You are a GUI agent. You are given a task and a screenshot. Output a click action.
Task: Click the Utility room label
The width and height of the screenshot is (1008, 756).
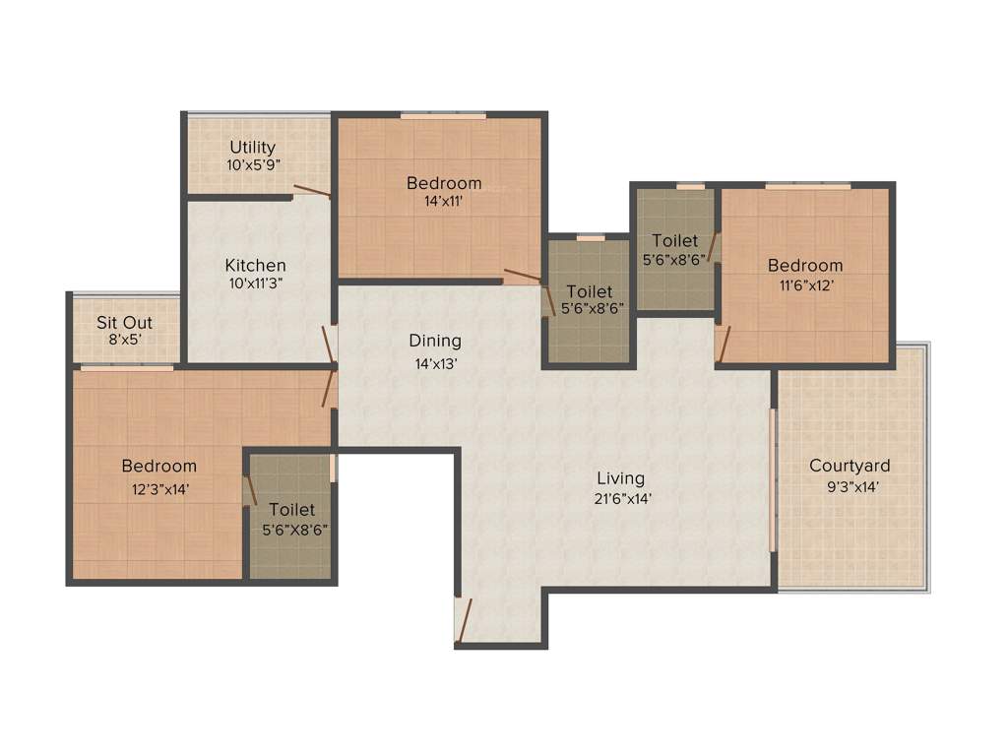253,148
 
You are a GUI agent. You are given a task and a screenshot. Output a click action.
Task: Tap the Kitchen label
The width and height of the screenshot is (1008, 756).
255,265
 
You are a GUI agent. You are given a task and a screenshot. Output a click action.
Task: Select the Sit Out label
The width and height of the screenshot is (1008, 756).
124,322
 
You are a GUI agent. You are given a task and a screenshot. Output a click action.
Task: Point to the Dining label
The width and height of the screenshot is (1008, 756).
435,341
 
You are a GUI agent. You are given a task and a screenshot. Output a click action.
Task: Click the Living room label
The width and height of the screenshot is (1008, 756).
620,478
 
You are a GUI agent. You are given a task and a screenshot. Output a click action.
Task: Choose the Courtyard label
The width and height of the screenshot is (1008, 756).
850,466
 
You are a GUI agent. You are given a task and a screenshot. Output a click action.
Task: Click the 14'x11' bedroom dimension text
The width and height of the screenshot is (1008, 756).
443,201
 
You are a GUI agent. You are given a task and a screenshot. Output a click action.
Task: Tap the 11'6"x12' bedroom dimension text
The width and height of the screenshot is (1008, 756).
806,283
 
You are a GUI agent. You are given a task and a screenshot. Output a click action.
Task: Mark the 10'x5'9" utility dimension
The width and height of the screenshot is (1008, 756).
254,165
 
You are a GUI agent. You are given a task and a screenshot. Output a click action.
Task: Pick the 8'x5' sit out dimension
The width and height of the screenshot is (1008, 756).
124,340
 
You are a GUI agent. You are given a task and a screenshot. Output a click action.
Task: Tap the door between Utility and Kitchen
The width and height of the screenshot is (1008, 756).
311,191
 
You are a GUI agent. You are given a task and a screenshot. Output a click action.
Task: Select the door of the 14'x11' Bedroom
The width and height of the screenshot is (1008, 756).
523,277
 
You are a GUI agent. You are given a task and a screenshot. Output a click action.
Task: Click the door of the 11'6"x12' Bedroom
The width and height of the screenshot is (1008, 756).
724,344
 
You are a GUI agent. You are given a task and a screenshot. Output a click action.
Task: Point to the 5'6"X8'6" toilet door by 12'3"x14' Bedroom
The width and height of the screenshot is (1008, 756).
250,489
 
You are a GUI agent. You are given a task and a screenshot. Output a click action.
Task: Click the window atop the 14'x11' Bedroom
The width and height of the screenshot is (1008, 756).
443,115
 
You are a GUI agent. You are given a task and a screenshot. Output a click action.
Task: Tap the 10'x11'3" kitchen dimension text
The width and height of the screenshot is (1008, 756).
255,283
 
